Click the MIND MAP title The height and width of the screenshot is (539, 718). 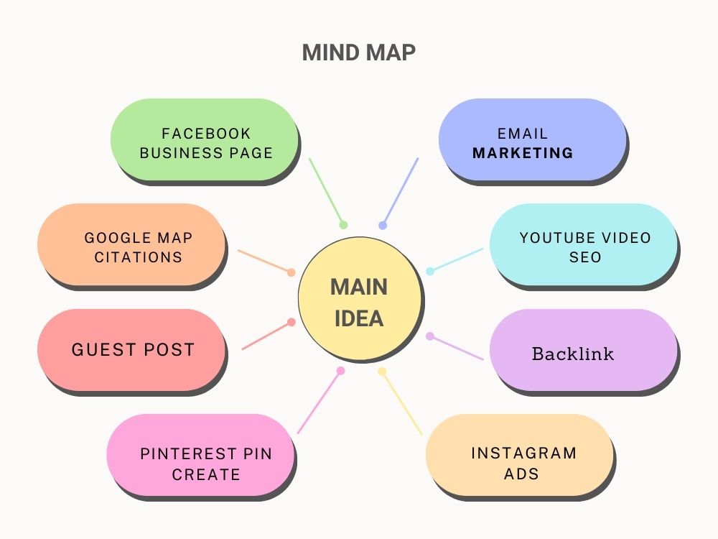click(359, 52)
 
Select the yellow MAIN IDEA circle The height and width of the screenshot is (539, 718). click(360, 299)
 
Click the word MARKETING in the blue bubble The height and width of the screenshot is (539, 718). click(523, 152)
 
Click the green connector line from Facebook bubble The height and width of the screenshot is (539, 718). click(327, 192)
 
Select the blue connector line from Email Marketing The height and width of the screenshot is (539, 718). click(400, 192)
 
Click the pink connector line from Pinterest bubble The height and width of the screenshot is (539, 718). click(320, 402)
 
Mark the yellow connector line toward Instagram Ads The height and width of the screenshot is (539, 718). click(401, 403)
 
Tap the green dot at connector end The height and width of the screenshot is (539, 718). click(343, 225)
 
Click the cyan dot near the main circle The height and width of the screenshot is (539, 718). click(430, 272)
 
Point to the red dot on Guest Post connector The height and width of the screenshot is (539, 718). click(292, 322)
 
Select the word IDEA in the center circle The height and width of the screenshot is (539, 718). click(359, 318)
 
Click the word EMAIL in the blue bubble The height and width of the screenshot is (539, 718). click(523, 134)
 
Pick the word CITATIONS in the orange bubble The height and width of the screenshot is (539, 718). click(139, 257)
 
